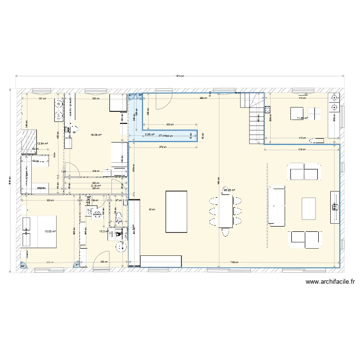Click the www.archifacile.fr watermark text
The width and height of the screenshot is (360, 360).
pyautogui.click(x=330, y=283)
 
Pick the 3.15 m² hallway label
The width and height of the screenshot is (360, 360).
pyautogui.click(x=96, y=185)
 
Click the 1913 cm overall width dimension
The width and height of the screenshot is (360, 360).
pyautogui.click(x=180, y=76)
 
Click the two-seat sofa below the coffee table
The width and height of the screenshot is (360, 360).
pyautogui.click(x=304, y=238)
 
